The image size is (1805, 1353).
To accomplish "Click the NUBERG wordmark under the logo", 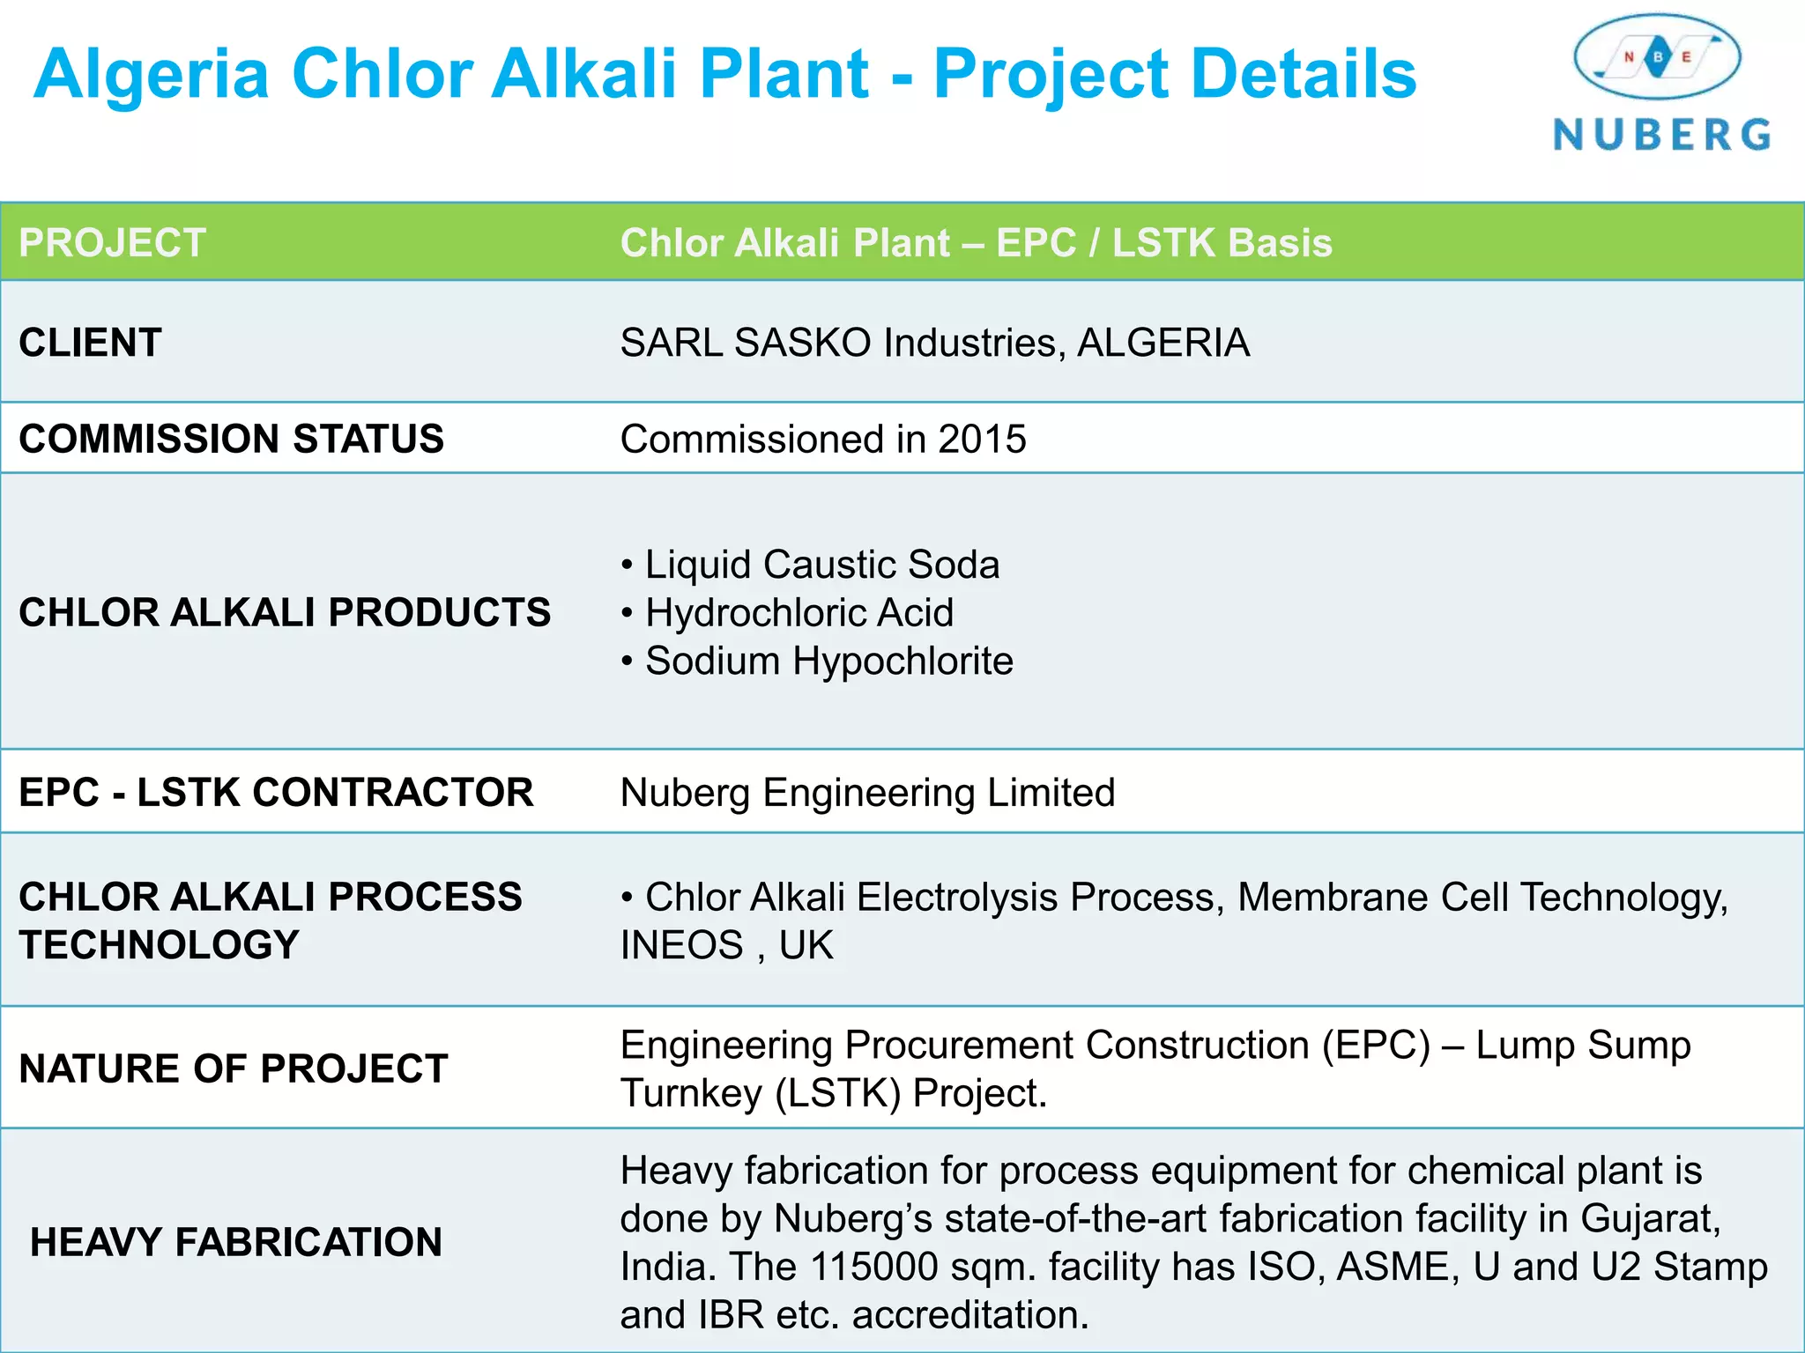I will [x=1661, y=135].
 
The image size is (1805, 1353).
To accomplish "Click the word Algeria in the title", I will [x=152, y=74].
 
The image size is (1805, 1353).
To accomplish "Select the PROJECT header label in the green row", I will [x=113, y=243].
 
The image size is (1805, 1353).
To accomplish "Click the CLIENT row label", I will [x=91, y=343].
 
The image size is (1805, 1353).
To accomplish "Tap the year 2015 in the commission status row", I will [x=982, y=439].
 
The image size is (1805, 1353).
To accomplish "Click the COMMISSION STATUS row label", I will [x=231, y=439].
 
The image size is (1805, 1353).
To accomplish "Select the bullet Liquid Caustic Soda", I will [x=821, y=565].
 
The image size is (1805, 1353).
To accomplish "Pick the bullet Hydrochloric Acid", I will [x=799, y=613].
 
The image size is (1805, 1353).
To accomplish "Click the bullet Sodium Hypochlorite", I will [x=828, y=661].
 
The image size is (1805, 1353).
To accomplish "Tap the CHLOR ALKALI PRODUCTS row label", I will [x=285, y=613].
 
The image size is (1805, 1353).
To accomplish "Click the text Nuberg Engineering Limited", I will [x=867, y=793].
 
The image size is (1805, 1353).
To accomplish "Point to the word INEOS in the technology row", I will [x=681, y=945].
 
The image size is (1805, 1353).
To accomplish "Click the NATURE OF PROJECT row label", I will [x=234, y=1068].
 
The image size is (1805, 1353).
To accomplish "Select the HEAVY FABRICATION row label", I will [x=235, y=1242].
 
